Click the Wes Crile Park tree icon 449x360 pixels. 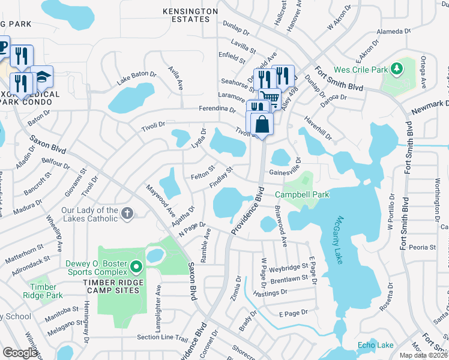coord(396,70)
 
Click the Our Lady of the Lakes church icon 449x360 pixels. coord(127,212)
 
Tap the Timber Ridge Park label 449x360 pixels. coord(43,291)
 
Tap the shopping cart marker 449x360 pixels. coord(270,99)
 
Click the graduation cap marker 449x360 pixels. coord(42,76)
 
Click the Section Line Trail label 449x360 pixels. coord(162,337)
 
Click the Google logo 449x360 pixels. coord(20,352)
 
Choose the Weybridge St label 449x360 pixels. coord(285,266)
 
